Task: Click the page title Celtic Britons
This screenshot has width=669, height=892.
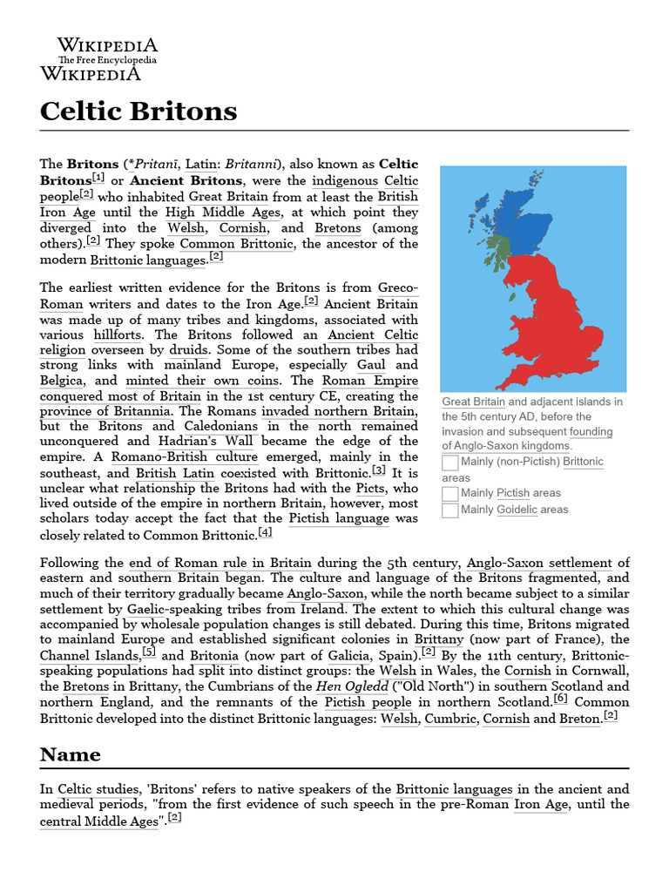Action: tap(139, 111)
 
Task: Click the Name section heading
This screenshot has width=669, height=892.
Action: tap(71, 753)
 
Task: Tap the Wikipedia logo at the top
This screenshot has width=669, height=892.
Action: tap(107, 58)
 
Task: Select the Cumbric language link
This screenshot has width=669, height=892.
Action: tap(450, 719)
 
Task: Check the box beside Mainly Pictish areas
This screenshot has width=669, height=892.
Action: tap(449, 494)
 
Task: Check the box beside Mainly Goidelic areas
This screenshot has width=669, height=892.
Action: tap(449, 510)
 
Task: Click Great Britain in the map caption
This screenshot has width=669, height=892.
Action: tap(473, 402)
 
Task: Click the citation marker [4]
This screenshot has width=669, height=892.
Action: tap(265, 532)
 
